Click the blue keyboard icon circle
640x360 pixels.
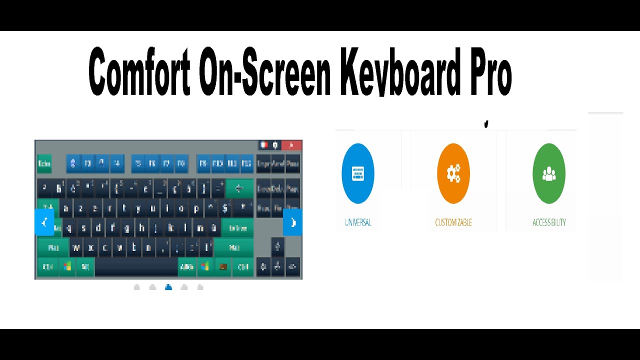click(x=358, y=173)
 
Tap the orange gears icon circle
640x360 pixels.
click(x=453, y=173)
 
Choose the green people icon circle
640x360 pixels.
click(x=549, y=173)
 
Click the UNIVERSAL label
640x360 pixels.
click(x=358, y=222)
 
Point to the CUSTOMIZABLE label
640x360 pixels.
click(x=453, y=222)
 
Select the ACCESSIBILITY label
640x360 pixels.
click(x=549, y=222)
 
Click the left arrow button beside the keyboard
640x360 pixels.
click(x=44, y=222)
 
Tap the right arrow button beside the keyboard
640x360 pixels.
click(x=292, y=222)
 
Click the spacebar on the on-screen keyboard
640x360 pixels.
click(x=136, y=267)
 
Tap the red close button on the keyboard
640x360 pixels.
click(x=291, y=145)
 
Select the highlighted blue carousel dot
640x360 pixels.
click(x=168, y=287)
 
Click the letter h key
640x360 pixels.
click(x=142, y=228)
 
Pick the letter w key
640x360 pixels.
click(x=76, y=247)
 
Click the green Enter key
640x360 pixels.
click(x=237, y=228)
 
